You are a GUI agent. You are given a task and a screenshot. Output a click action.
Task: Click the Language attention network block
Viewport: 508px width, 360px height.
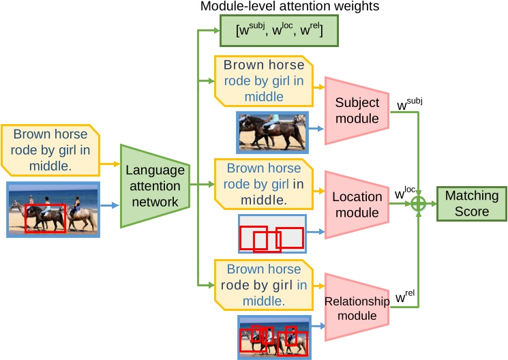(154, 185)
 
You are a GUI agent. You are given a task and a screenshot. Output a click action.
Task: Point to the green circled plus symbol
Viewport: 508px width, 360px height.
(418, 203)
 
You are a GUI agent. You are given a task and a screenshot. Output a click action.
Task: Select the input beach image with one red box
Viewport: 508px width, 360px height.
(53, 209)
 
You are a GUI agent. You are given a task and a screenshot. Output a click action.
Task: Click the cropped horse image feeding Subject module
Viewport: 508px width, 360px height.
(271, 131)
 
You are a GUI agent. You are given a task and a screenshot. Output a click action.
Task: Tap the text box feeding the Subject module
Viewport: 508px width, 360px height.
(264, 81)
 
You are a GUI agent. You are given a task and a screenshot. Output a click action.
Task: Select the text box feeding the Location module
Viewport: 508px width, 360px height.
(264, 183)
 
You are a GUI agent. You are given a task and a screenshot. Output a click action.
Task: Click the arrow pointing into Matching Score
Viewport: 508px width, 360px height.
(431, 203)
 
